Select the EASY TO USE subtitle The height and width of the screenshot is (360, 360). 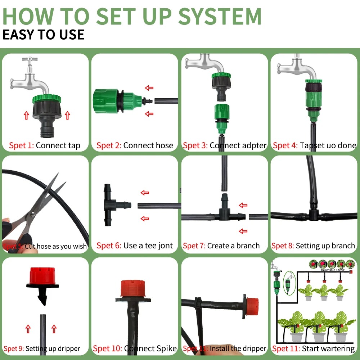pos(43,35)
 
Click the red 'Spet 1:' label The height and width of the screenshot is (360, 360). pos(21,146)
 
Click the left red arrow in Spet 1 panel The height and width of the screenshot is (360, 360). pos(26,115)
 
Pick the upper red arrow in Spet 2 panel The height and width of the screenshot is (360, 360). pos(149,88)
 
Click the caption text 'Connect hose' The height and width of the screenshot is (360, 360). pos(148,146)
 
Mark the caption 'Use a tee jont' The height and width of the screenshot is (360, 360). pos(148,246)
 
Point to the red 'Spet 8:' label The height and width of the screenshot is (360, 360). pos(283,246)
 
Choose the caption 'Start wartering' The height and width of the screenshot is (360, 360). pos(328,348)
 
